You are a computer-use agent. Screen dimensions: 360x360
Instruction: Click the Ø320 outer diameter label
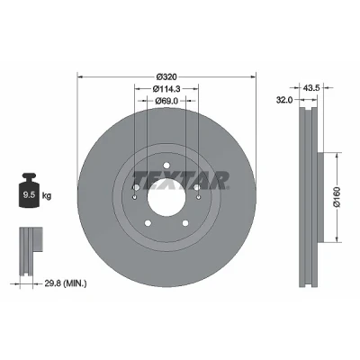[x=166, y=76]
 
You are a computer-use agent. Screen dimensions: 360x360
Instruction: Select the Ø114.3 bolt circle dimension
[x=166, y=89]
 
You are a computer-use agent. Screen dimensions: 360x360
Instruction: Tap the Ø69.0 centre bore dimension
[x=166, y=101]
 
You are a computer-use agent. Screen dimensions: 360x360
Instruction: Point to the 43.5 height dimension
[x=312, y=87]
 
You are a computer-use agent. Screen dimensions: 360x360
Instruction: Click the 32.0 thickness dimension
[x=284, y=100]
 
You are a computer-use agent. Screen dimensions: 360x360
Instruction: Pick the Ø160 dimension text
[x=337, y=197]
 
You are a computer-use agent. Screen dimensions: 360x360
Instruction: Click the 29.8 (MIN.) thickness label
[x=66, y=283]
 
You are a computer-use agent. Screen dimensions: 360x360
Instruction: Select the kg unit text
[x=47, y=196]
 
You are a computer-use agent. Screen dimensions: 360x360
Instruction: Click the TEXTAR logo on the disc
[x=181, y=181]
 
